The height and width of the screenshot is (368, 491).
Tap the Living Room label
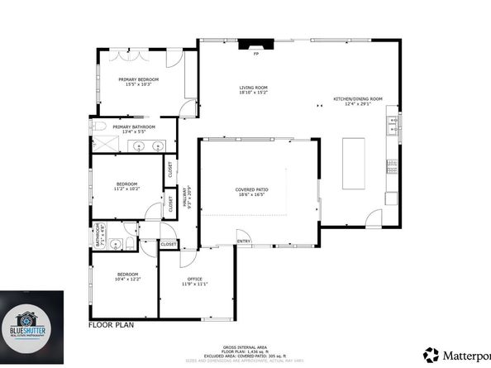point(253,88)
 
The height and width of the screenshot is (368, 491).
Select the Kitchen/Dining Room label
point(357,99)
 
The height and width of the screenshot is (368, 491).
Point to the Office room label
point(194,280)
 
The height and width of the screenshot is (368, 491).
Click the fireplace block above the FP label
point(255,45)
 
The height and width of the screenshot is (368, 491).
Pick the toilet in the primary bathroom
point(98,127)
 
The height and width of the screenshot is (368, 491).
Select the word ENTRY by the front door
point(243,241)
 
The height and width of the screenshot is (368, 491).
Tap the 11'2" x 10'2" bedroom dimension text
point(126,189)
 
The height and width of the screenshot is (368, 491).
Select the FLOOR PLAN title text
point(112,326)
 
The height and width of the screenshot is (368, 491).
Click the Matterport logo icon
point(431,355)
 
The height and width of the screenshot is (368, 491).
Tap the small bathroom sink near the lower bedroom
point(117,244)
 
